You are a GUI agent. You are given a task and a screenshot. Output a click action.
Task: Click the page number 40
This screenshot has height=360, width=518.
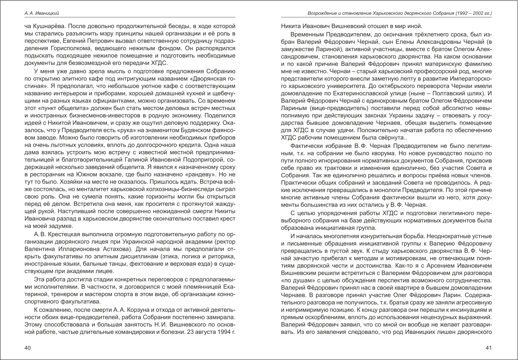(27, 348)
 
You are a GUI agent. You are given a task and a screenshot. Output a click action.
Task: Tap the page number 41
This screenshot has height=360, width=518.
(489, 348)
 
